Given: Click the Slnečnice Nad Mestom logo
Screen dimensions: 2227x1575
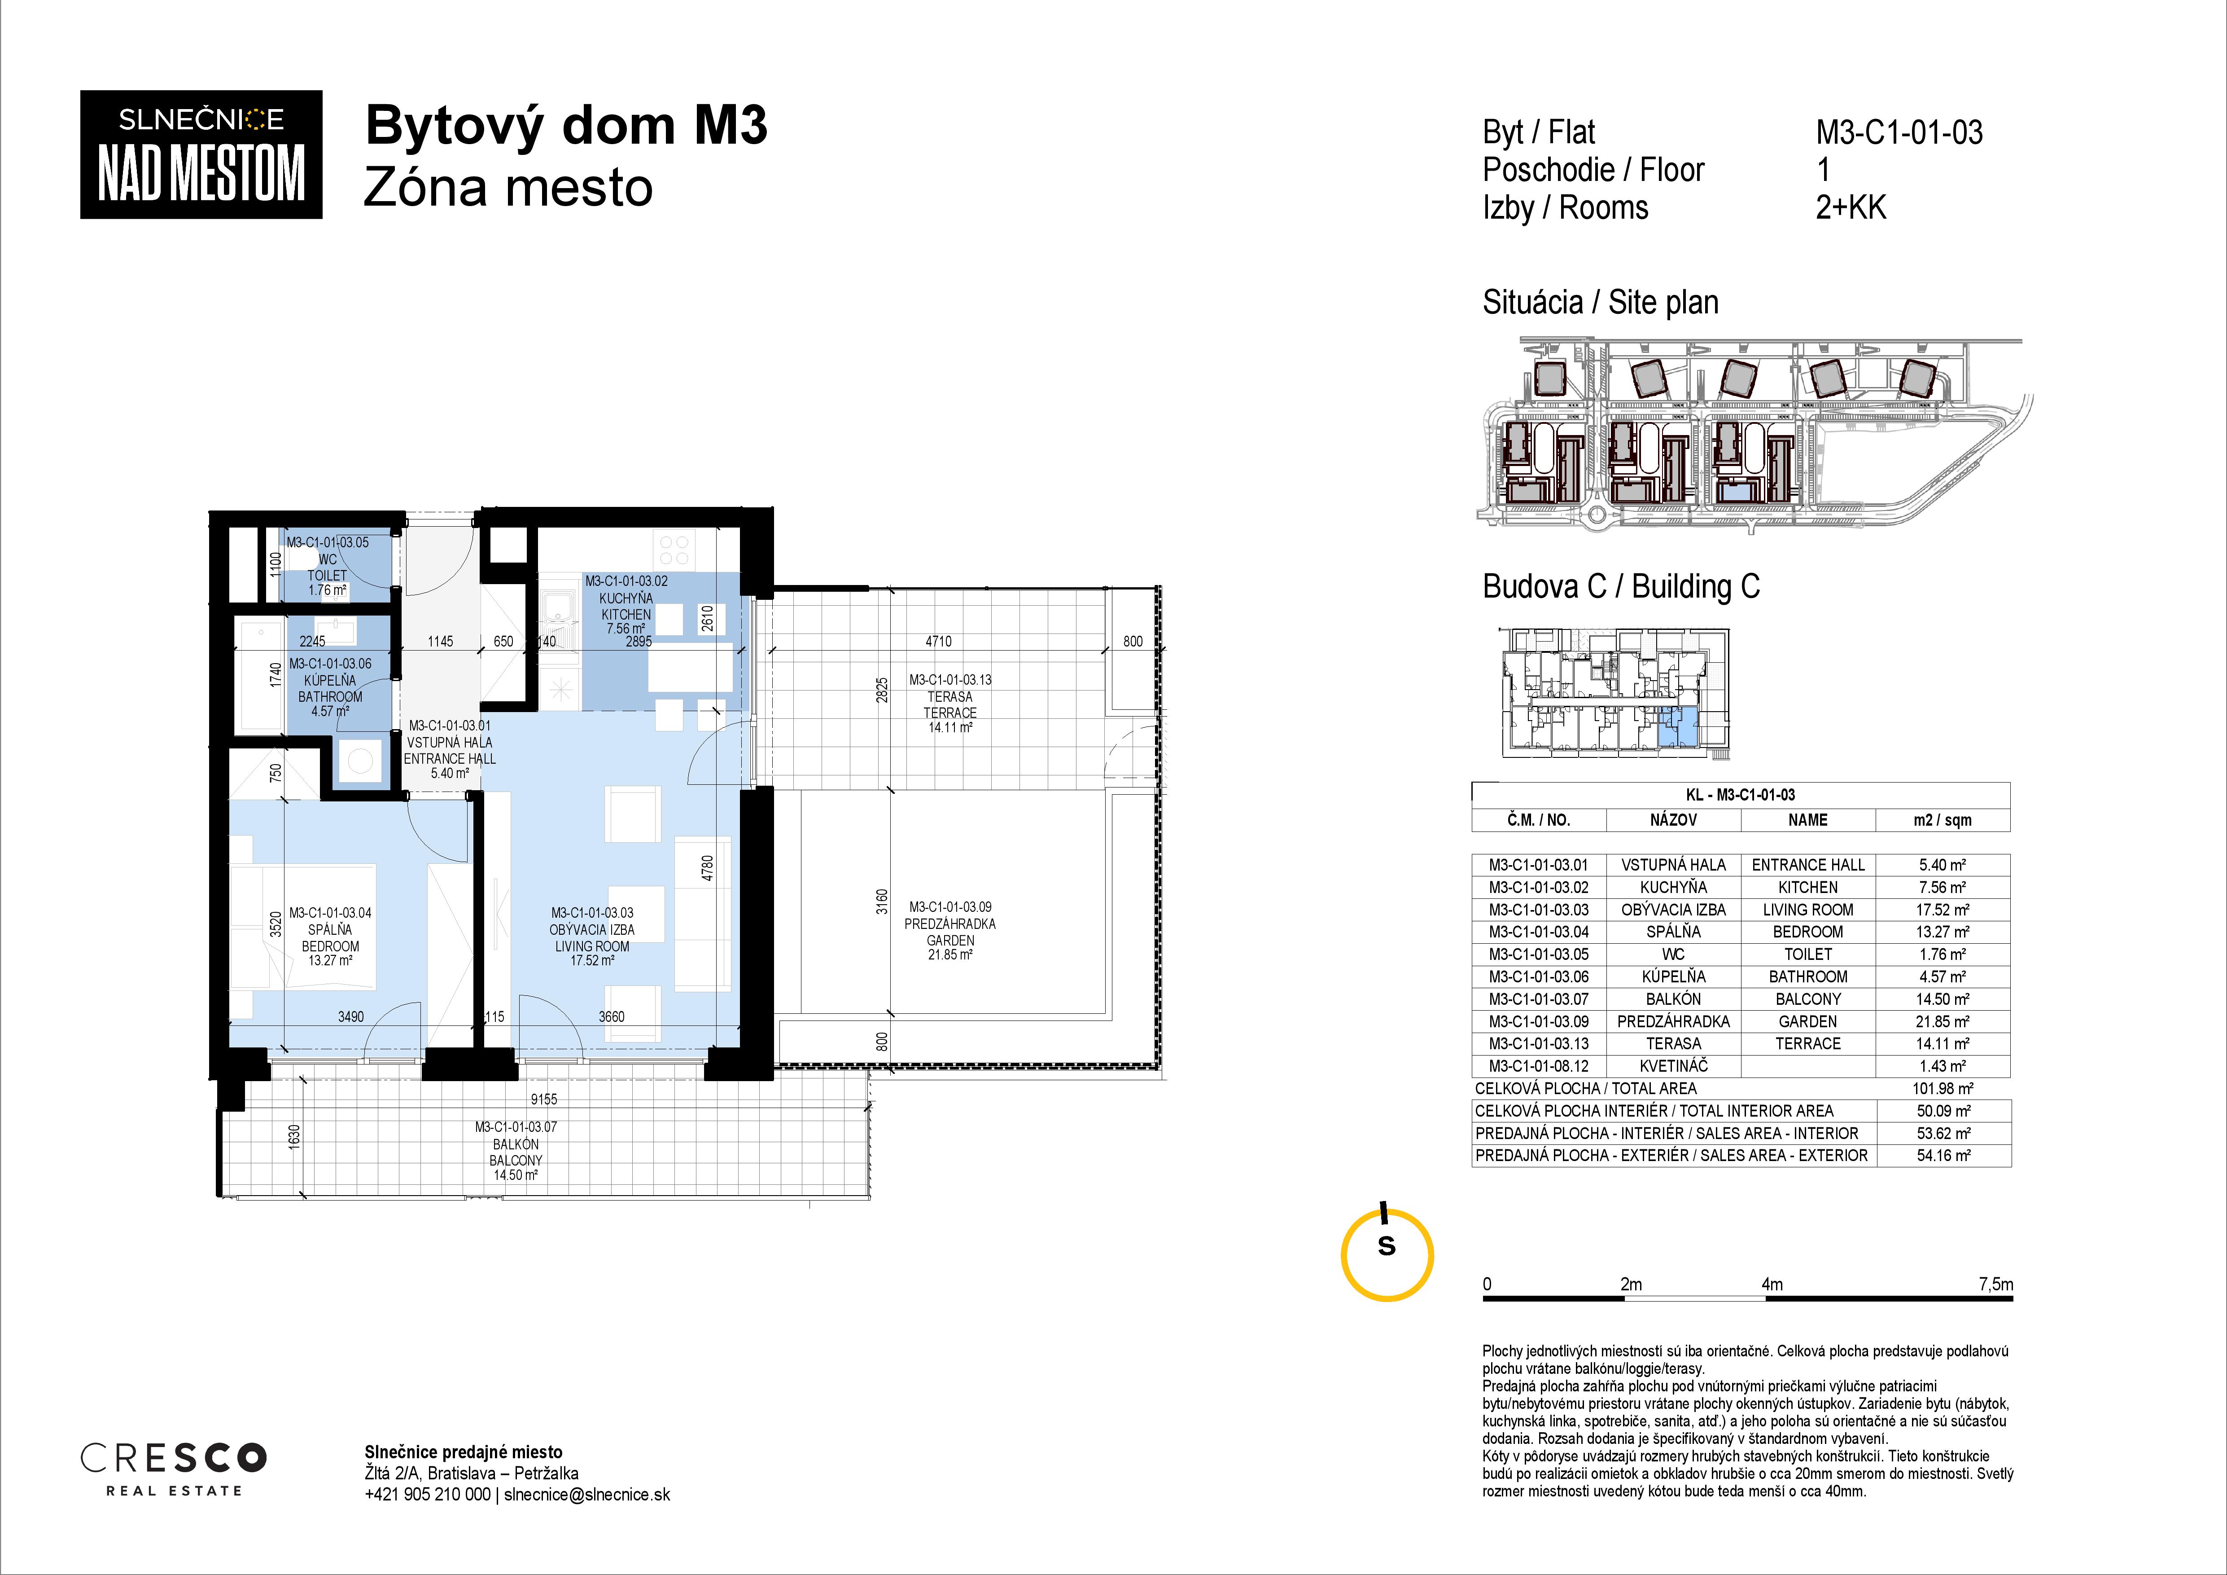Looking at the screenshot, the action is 201,154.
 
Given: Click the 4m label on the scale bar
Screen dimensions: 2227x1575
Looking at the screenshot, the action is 1772,1284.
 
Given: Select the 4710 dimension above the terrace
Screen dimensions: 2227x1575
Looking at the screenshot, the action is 938,642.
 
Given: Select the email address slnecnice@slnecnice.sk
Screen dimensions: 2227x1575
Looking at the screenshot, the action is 587,1495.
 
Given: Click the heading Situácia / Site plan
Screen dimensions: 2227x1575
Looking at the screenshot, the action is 1601,303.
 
